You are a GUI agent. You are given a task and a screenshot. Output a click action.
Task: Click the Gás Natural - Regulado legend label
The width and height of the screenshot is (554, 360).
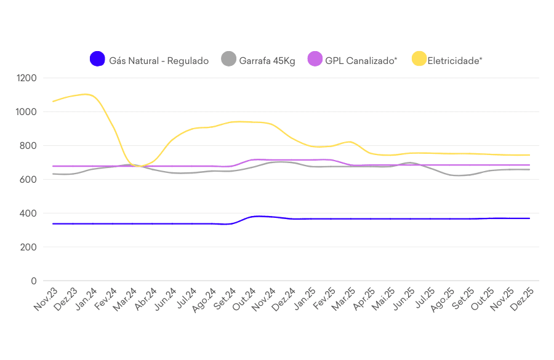click(159, 60)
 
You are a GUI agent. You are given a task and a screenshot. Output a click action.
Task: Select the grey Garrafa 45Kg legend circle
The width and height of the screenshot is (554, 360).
click(228, 60)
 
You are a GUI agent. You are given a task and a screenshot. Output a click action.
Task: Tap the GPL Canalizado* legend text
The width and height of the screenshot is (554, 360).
click(361, 60)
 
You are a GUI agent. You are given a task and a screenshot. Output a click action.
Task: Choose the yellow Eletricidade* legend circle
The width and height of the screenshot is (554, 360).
click(419, 60)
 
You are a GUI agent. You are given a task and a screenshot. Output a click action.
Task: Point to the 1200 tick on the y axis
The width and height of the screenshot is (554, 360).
click(27, 78)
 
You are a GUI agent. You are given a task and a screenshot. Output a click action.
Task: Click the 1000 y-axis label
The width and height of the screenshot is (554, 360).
click(27, 112)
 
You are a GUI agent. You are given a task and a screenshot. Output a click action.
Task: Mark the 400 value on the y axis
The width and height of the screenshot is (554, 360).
click(30, 214)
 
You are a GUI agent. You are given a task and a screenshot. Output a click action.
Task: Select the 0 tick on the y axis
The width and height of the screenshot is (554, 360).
click(34, 281)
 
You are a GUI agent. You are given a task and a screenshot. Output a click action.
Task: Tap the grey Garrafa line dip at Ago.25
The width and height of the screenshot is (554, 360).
click(459, 175)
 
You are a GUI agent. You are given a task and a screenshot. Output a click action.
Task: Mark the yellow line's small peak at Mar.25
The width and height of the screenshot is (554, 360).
click(350, 142)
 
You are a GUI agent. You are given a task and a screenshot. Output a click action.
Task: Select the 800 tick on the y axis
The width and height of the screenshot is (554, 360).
click(30, 146)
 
